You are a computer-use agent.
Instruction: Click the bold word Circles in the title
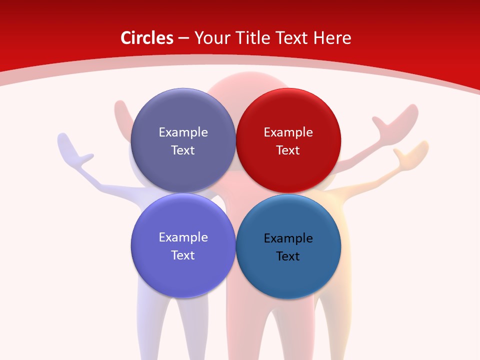click(147, 38)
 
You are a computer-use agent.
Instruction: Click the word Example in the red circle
click(288, 132)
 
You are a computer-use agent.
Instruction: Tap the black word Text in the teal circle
click(288, 256)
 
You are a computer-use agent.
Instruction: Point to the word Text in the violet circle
click(183, 255)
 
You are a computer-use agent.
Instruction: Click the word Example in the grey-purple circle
click(183, 132)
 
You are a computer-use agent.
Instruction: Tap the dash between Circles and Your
click(183, 38)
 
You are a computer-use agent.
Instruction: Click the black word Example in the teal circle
click(288, 238)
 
